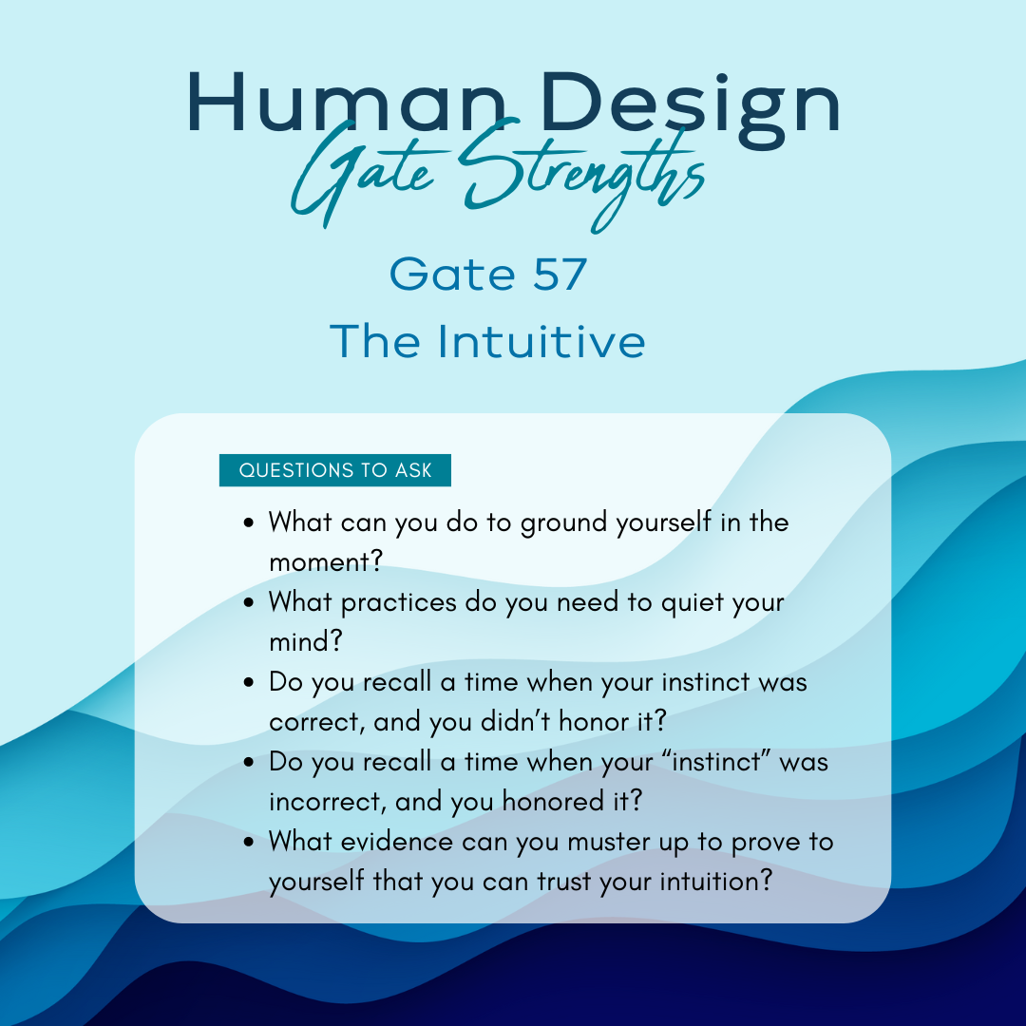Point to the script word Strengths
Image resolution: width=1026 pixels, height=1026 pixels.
click(582, 174)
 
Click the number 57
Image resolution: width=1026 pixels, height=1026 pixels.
click(560, 275)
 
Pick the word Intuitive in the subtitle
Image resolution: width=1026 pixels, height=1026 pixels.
click(541, 341)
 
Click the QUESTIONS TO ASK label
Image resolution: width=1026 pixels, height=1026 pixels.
click(335, 470)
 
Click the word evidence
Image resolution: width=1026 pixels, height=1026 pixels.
click(396, 842)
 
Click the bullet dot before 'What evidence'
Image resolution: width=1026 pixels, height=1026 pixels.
click(248, 842)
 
